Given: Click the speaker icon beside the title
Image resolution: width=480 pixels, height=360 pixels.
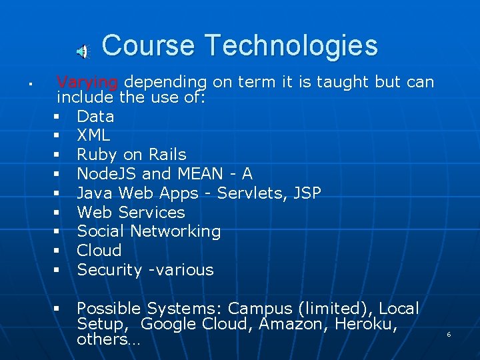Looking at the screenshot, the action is (x=83, y=51).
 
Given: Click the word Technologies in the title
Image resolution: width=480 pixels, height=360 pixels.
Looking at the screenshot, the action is (x=291, y=45).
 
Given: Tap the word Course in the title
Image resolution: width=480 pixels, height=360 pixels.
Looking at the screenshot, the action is (x=148, y=45).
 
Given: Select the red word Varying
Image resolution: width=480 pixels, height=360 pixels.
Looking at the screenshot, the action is (x=87, y=83).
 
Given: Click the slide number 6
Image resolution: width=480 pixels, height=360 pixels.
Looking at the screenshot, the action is (x=449, y=334).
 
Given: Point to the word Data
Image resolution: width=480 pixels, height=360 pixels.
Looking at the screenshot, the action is (x=95, y=117).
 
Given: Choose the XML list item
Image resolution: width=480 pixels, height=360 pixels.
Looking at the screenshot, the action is (x=93, y=135).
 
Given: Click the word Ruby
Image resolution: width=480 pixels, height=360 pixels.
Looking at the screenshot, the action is (x=97, y=155).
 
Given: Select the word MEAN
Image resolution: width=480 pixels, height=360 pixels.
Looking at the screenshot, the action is (x=201, y=173).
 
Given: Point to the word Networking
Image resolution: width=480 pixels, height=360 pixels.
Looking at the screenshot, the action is (x=175, y=231).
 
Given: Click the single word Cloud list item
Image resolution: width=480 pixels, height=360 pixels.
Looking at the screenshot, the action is (x=99, y=250).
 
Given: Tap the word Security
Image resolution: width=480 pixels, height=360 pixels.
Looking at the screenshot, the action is (x=109, y=270).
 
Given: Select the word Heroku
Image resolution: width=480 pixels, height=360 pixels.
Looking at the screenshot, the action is (x=366, y=324).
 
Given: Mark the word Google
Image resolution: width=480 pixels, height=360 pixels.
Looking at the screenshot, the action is (x=168, y=324).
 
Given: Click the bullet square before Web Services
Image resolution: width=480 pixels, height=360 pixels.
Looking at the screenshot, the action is (x=56, y=212).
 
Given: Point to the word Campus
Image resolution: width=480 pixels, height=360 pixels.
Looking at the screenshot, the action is (x=260, y=309).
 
